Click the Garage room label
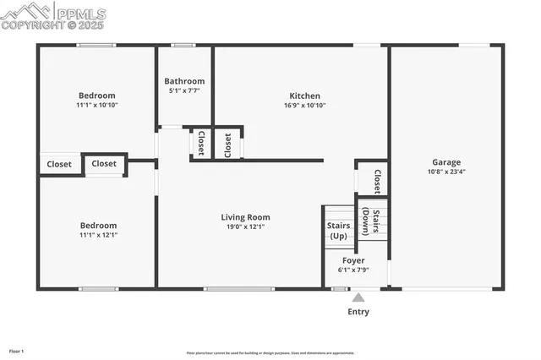(445, 161)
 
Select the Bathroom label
(184, 81)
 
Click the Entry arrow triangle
(358, 297)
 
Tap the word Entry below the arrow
(358, 312)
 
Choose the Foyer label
(354, 260)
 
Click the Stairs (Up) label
(339, 231)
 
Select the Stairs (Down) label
(370, 221)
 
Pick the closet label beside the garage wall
(377, 182)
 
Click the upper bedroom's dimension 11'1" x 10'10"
(97, 106)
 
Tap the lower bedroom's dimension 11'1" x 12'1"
(98, 236)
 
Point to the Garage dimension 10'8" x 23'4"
(445, 172)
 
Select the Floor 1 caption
(17, 350)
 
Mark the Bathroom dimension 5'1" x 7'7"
(184, 90)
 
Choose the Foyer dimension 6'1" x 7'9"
(354, 270)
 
